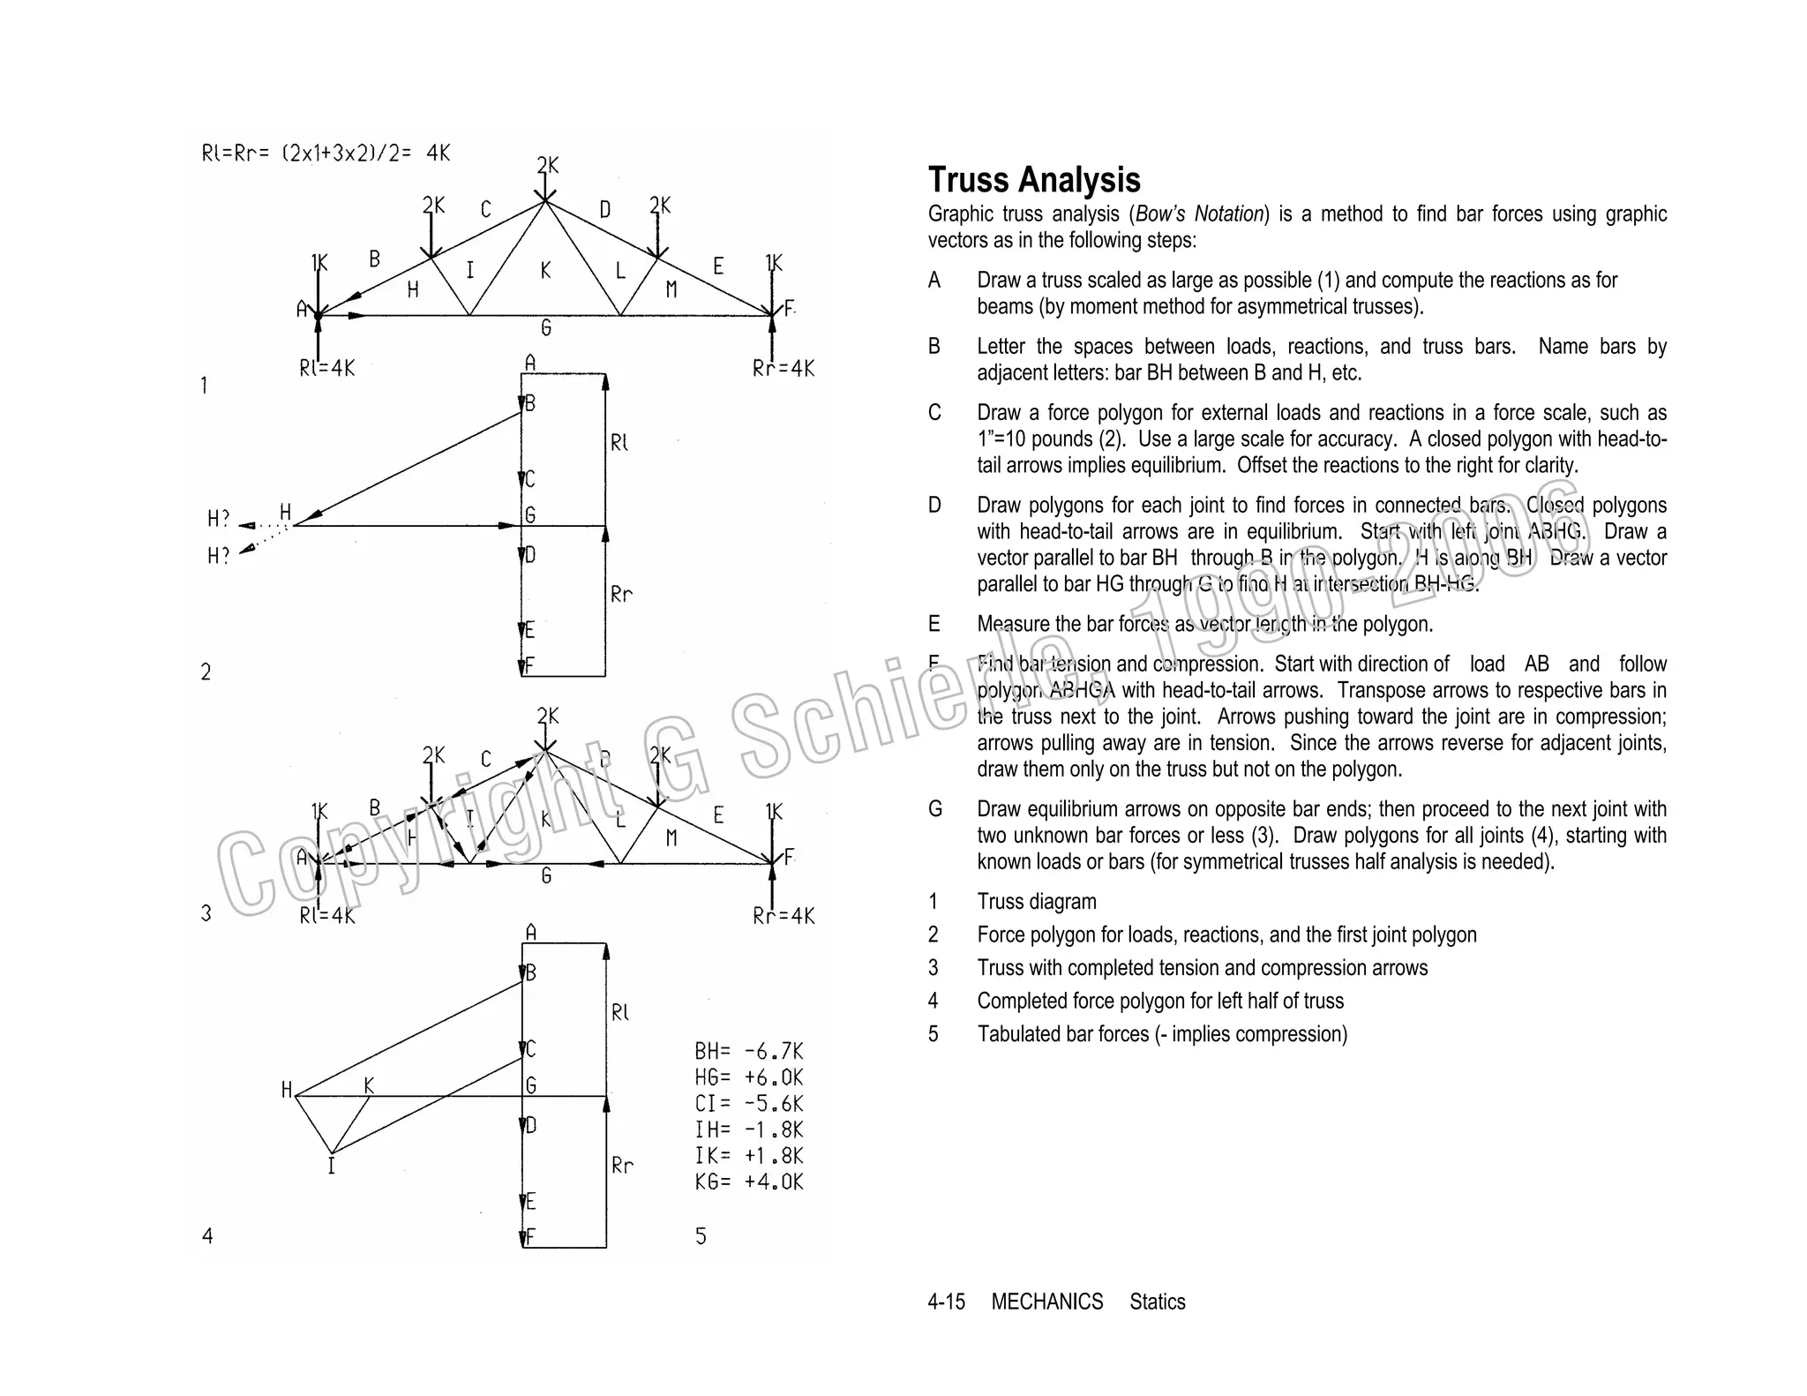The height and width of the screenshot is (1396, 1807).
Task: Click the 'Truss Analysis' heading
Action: [x=1033, y=180]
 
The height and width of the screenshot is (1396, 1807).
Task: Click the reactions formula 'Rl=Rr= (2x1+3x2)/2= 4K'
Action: [x=326, y=154]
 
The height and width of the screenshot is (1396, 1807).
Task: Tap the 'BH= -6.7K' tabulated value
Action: [x=748, y=1051]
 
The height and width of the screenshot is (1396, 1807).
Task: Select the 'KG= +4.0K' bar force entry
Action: [x=748, y=1182]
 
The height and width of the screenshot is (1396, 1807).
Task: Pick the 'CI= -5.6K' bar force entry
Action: [x=748, y=1104]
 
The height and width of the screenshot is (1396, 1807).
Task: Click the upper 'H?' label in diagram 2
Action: [x=218, y=519]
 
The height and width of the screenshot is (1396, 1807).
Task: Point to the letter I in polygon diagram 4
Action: [x=332, y=1167]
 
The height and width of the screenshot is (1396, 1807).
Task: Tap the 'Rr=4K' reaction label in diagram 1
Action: [x=784, y=369]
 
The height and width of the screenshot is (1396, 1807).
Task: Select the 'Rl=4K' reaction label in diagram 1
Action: [x=326, y=368]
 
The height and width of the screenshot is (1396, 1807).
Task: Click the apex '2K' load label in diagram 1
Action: [x=547, y=165]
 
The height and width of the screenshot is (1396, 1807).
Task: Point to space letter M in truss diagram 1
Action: [x=671, y=289]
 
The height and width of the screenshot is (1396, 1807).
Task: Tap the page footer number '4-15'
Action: [x=946, y=1302]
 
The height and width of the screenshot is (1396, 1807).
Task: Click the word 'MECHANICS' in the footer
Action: [x=1046, y=1302]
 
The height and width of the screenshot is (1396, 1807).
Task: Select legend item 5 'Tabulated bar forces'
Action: [x=1161, y=1034]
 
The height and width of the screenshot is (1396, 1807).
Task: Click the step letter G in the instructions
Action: [x=934, y=809]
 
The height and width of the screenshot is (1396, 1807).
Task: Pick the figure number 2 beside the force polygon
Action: [x=206, y=672]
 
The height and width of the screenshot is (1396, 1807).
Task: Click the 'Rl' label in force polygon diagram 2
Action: [x=619, y=442]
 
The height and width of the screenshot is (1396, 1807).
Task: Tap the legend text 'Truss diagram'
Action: [x=1036, y=902]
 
